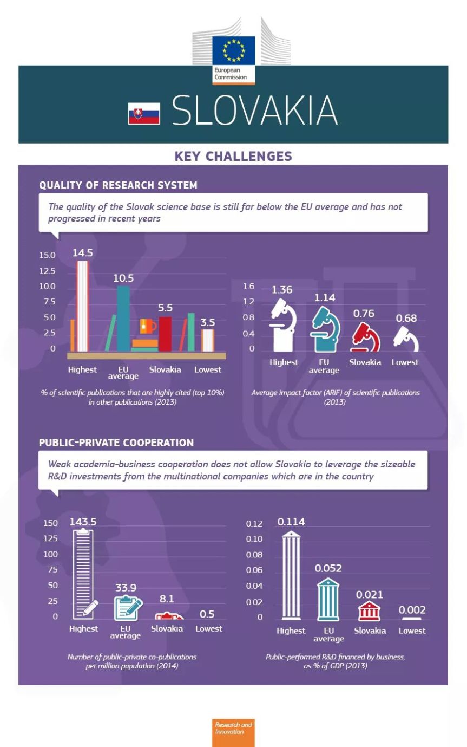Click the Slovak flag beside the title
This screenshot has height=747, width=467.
tap(144, 113)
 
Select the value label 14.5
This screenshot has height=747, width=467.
tap(83, 252)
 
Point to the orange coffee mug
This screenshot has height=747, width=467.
tap(147, 326)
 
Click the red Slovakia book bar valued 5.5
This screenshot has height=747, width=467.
tap(165, 334)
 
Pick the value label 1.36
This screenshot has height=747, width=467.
tap(282, 290)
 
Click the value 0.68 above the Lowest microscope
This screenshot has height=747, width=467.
tap(406, 319)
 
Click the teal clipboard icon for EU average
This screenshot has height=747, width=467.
tap(127, 608)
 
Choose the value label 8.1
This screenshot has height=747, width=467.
tap(167, 599)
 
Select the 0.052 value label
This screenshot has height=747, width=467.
tap(328, 568)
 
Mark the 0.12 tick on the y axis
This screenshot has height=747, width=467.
tap(254, 524)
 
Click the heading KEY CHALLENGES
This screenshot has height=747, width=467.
tap(233, 157)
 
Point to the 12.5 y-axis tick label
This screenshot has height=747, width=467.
tap(47, 271)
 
